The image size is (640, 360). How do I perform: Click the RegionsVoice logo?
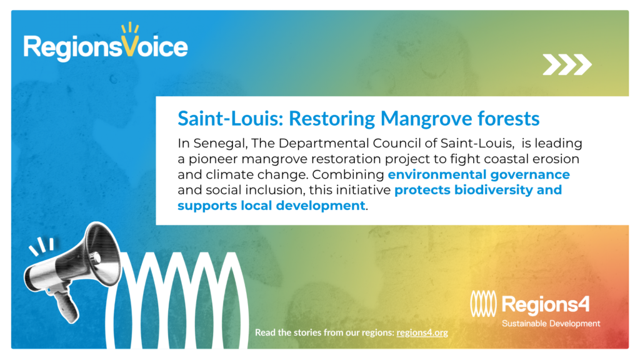106,43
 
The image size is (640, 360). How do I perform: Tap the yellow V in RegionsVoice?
130,46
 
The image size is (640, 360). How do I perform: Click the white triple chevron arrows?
567,64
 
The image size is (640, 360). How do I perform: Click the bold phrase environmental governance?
479,175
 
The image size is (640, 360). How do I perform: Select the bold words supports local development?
271,206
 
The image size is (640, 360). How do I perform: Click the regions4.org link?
422,332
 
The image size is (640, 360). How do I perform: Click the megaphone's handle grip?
66,306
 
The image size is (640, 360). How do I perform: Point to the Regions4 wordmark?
545,305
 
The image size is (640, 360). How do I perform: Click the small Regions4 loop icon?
483,304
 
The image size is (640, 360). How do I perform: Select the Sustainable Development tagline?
551,324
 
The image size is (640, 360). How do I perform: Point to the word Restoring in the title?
332,119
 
